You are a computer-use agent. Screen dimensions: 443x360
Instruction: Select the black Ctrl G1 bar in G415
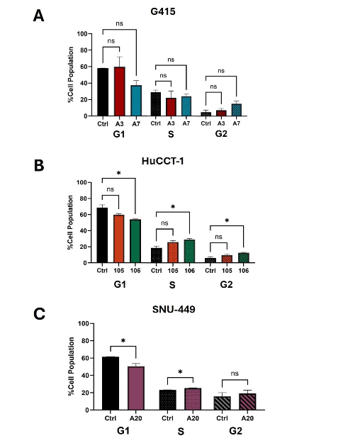(103, 92)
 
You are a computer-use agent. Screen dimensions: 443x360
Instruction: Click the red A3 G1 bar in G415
(119, 91)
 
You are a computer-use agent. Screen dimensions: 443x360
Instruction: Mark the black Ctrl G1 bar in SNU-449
(110, 383)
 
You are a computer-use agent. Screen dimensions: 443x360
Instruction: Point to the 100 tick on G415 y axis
(82, 34)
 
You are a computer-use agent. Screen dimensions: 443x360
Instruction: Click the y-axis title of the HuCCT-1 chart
(70, 222)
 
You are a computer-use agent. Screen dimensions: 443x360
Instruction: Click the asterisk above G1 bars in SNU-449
(123, 341)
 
